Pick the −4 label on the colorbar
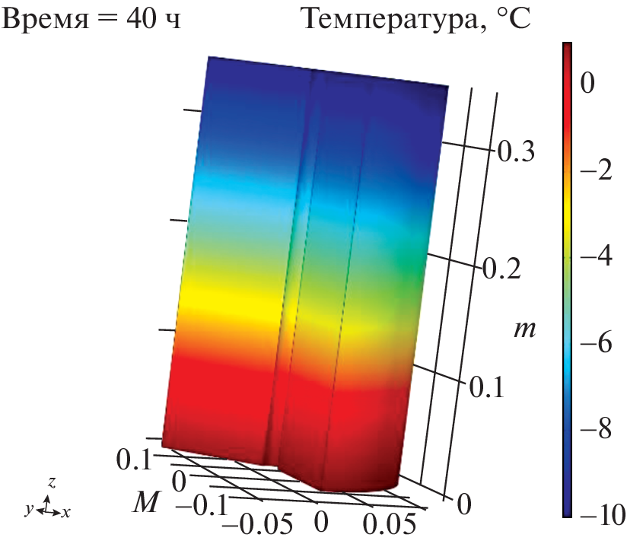(595, 257)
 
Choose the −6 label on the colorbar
(595, 343)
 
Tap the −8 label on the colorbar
(595, 429)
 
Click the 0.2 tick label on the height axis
(503, 270)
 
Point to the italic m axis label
(521, 329)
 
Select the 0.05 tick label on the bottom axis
(388, 524)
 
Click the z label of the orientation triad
(50, 482)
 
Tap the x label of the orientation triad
(66, 513)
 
